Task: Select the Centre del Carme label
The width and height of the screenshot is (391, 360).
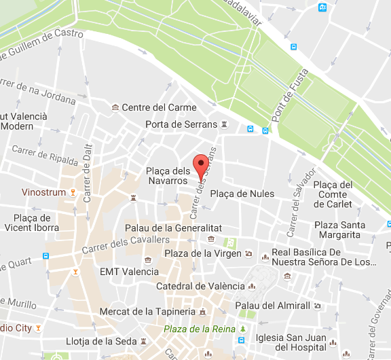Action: [159, 107]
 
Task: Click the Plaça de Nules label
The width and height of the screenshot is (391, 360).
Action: [242, 194]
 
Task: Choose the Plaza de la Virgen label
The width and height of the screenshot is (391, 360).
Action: [203, 253]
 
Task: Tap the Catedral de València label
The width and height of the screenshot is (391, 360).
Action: [200, 286]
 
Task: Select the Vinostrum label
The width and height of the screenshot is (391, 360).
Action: [44, 192]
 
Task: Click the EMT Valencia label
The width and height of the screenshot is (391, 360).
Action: [129, 271]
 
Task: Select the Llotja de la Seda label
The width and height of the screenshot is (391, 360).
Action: [103, 341]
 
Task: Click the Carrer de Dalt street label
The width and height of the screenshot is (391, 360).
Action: [87, 177]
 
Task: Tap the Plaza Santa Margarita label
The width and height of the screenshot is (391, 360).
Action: [339, 230]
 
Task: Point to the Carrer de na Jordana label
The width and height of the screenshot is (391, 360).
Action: [38, 92]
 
